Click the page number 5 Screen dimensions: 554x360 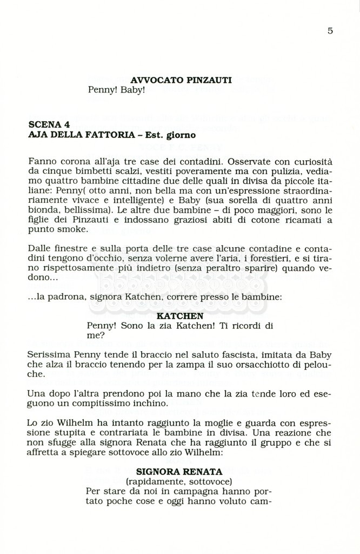point(330,31)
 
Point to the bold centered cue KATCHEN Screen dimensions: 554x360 point(179,315)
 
